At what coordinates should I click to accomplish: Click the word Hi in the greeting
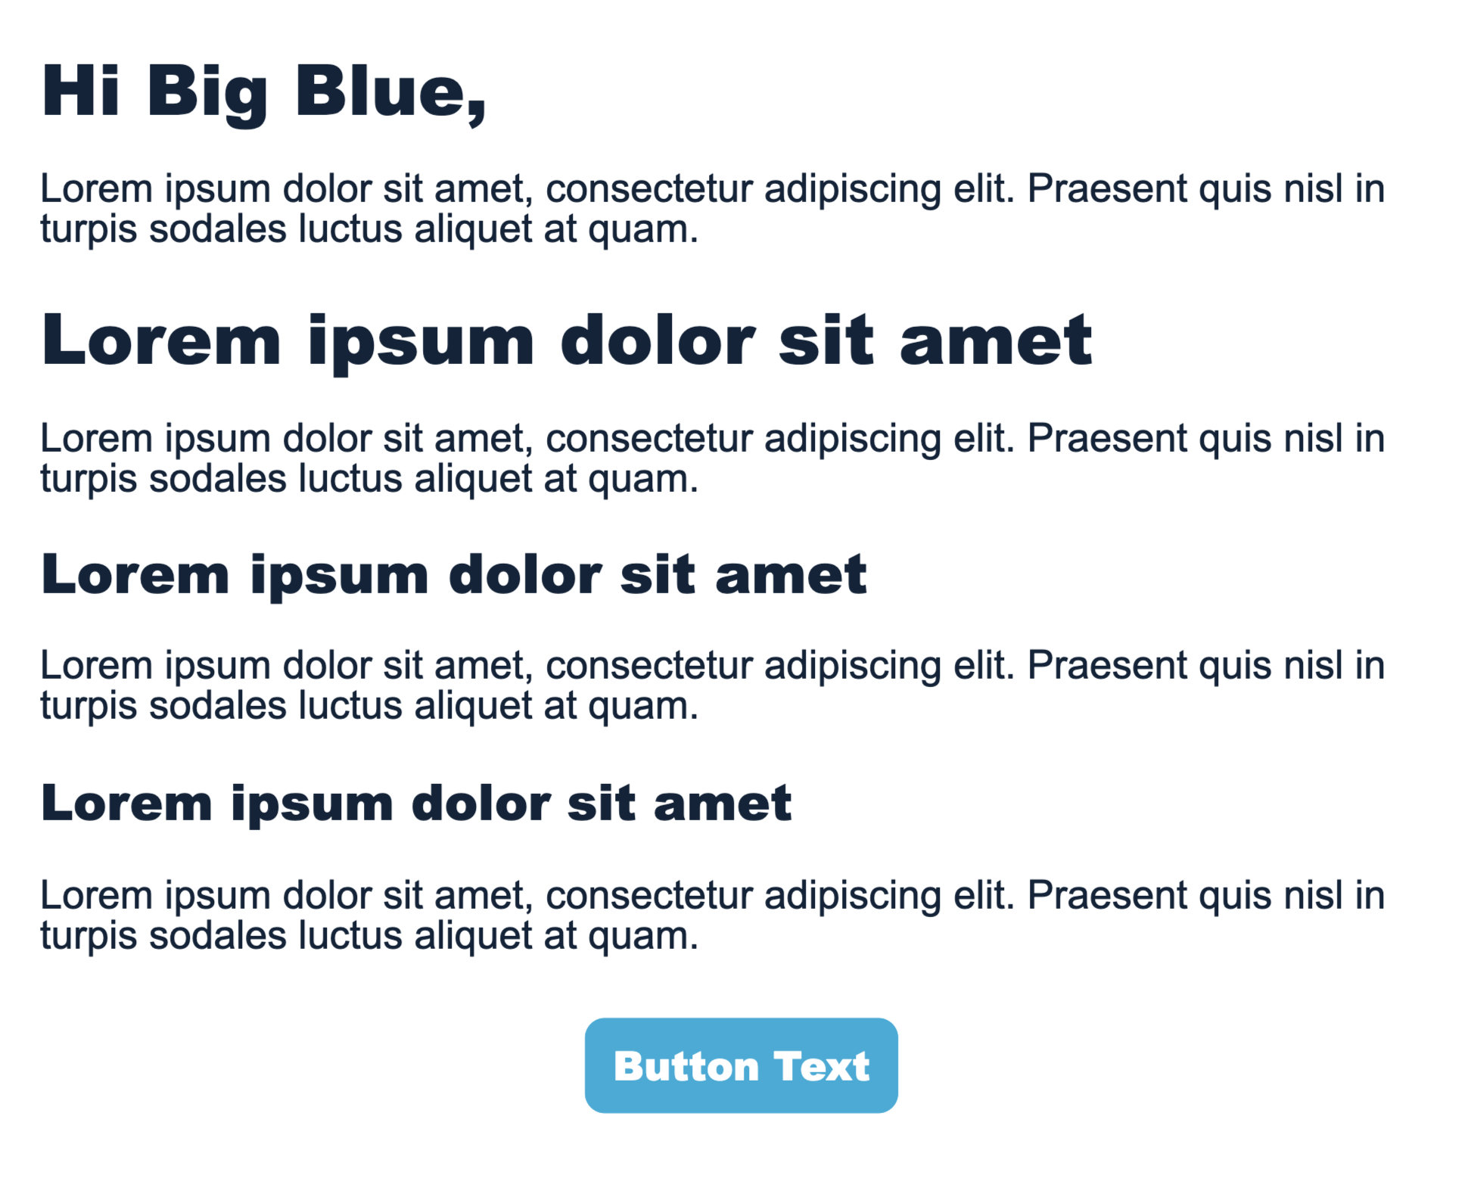(80, 91)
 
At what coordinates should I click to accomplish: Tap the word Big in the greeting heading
(207, 94)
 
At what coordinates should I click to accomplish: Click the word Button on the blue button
(686, 1066)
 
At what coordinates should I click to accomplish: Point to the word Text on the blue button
(822, 1066)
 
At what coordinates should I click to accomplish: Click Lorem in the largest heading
(161, 341)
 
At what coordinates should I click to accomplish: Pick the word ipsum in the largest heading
(421, 344)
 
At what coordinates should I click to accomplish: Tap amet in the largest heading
(995, 341)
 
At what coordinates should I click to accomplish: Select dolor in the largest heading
(657, 341)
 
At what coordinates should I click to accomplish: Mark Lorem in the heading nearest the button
(126, 803)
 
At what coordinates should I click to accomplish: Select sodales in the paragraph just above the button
(217, 935)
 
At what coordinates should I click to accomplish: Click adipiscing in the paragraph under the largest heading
(852, 440)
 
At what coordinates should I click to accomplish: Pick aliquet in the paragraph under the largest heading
(473, 480)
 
